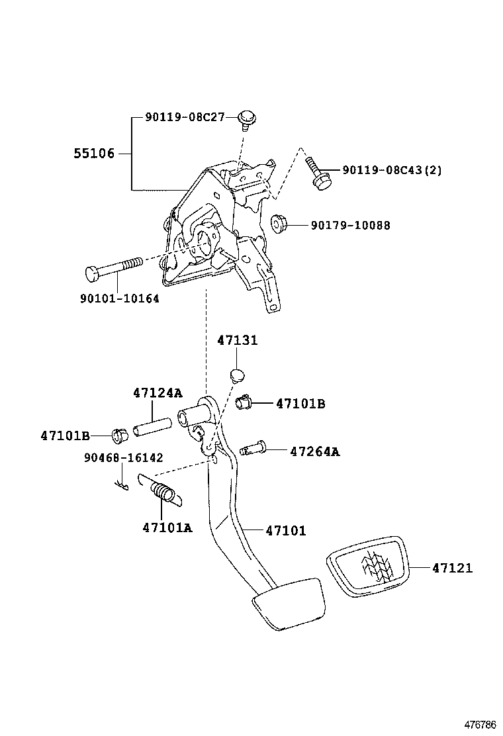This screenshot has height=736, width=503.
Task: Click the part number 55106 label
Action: click(x=93, y=154)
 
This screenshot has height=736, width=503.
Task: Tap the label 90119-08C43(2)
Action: click(x=392, y=171)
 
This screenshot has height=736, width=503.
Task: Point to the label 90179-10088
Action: click(x=350, y=226)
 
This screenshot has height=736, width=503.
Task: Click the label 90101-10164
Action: click(x=119, y=299)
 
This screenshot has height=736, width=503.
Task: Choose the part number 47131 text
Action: click(x=237, y=340)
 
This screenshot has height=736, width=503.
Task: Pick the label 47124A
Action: click(x=158, y=393)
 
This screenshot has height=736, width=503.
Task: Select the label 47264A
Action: click(x=314, y=452)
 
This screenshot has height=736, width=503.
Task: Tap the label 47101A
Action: click(x=167, y=528)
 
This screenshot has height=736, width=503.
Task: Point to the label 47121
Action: click(x=453, y=568)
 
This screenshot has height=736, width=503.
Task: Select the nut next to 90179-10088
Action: click(x=279, y=224)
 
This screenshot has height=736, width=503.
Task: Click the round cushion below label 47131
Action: click(x=237, y=377)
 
